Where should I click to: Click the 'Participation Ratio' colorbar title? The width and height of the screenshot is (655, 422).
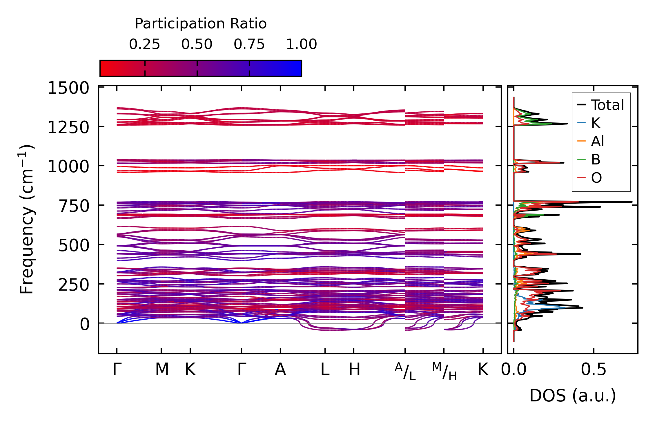(201, 24)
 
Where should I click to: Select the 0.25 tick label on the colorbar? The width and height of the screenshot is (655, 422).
(144, 44)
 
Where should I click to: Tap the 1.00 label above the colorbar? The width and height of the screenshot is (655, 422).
(302, 44)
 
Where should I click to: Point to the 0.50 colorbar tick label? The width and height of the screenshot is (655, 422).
(197, 44)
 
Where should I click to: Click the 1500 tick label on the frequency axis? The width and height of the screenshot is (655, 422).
(68, 88)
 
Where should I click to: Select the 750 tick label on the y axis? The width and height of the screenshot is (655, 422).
(74, 207)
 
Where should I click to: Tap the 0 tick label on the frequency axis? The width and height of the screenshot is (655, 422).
(85, 324)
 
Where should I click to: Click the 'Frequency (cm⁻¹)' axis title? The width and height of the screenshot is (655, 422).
(27, 220)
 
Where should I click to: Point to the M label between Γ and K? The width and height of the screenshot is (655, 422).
(162, 370)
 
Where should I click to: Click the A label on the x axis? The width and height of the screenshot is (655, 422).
(280, 370)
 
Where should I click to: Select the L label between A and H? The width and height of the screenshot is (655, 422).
(325, 370)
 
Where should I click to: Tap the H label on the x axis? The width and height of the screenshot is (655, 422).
(354, 370)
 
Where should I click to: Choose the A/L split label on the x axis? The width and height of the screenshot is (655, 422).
(405, 372)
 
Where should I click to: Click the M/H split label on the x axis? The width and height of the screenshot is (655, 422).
(444, 372)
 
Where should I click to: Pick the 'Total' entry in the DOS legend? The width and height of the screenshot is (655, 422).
(607, 105)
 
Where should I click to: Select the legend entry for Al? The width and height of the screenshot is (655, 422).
(597, 141)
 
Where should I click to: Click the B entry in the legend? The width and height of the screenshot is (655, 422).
(596, 160)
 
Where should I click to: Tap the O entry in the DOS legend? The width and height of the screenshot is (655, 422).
(596, 178)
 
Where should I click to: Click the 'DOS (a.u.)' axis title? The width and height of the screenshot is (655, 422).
(573, 396)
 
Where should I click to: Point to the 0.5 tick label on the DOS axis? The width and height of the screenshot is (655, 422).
(594, 370)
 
